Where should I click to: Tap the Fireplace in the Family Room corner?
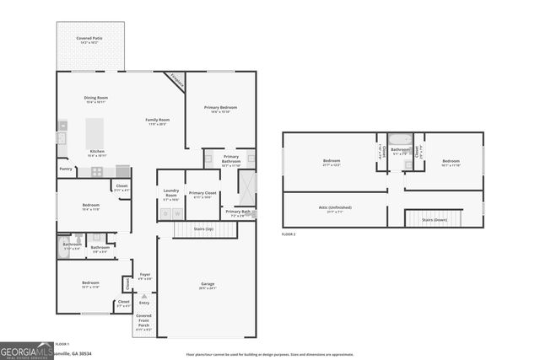click(x=175, y=81)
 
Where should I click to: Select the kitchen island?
click(x=94, y=132)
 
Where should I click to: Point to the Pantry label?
click(x=66, y=169)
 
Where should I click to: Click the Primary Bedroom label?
click(x=220, y=108)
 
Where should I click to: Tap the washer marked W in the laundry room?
click(x=177, y=214)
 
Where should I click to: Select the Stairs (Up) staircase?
click(x=203, y=228)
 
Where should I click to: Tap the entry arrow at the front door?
click(x=144, y=296)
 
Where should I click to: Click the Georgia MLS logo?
click(x=26, y=349)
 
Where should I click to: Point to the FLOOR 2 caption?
click(x=289, y=234)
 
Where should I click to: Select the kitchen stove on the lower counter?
click(x=98, y=171)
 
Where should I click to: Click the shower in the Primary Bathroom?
click(x=246, y=184)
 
